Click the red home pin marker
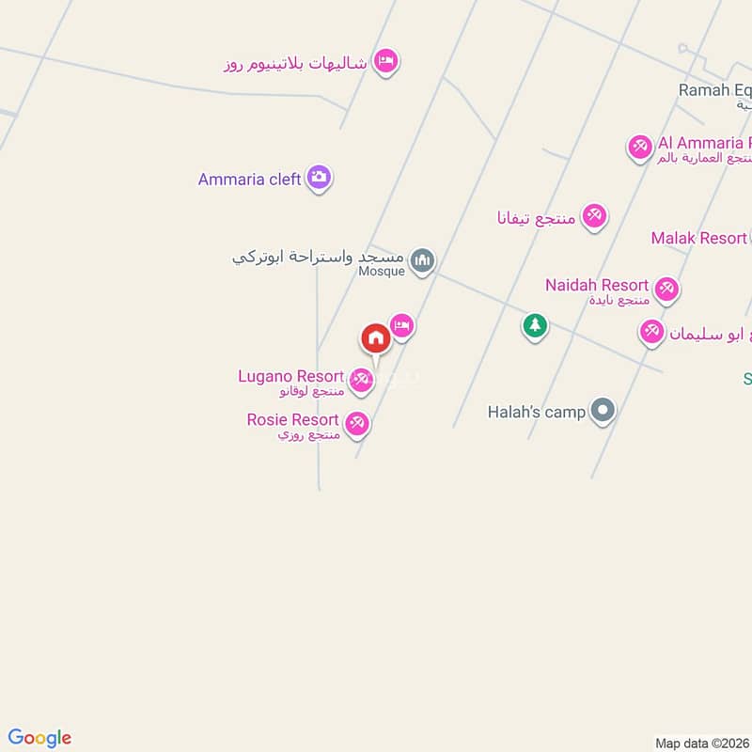375,338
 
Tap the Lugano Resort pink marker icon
361,380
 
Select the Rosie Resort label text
292,419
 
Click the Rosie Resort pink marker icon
356,423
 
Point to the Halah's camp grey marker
603,411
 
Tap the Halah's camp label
537,412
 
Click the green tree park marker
535,326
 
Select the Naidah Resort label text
597,285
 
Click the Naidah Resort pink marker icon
667,288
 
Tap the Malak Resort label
698,238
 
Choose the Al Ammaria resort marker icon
640,147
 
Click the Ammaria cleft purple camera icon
320,178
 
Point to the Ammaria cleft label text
249,179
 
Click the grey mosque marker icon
423,259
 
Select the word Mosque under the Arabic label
382,272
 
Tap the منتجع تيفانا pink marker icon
593,216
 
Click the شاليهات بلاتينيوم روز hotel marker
385,62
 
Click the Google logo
39,738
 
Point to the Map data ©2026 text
701,744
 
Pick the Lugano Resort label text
290,376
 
